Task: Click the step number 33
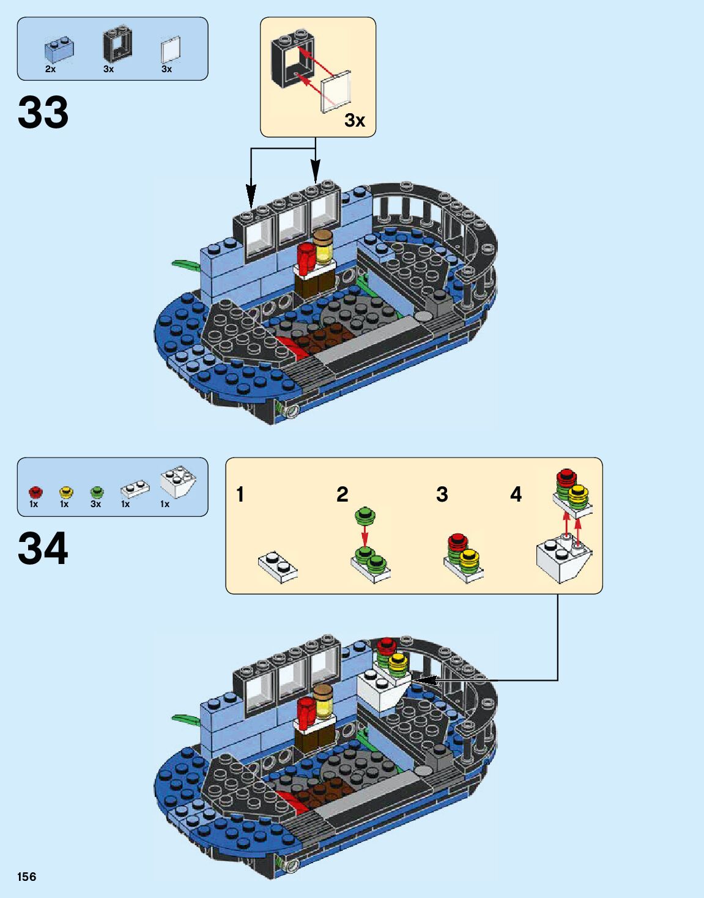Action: [43, 113]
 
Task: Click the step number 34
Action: [43, 548]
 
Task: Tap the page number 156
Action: [27, 877]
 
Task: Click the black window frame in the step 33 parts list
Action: [117, 45]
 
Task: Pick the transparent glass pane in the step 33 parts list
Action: [171, 50]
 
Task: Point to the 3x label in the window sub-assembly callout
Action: [355, 120]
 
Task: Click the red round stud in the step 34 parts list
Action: [35, 492]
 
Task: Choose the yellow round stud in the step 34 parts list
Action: [65, 492]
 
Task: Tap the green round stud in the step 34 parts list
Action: [97, 492]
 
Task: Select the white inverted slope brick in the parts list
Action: [178, 482]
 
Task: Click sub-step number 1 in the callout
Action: [240, 494]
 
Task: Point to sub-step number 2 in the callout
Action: [343, 494]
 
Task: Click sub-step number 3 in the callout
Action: [442, 494]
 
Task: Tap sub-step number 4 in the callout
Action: [516, 494]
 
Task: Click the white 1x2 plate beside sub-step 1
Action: [278, 566]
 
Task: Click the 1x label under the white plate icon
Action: [125, 504]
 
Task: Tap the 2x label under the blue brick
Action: [51, 69]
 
